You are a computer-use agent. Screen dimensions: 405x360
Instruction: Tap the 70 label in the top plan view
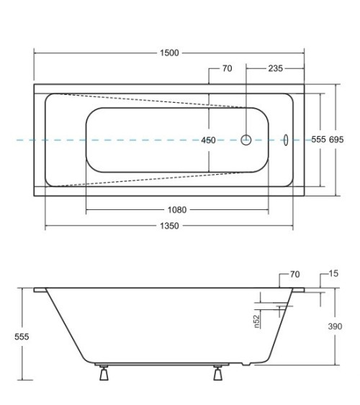(x=227, y=69)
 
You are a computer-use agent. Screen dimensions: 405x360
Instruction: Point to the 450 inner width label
(x=208, y=140)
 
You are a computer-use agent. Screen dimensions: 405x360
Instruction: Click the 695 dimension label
(x=338, y=140)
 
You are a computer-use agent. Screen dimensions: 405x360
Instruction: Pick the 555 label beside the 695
(x=319, y=140)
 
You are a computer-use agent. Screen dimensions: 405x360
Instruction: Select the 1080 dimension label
(x=177, y=210)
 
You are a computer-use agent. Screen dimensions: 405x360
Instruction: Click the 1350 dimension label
(x=168, y=226)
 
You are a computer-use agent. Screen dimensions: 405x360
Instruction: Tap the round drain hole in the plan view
(x=246, y=140)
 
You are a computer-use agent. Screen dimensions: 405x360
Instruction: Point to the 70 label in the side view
(x=294, y=275)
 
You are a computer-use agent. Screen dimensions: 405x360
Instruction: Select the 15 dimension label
(x=332, y=275)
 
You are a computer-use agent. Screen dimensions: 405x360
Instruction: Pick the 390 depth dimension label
(x=336, y=326)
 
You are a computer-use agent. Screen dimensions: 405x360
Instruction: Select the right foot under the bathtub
(x=217, y=374)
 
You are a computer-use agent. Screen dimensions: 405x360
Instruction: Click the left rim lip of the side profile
(x=39, y=290)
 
